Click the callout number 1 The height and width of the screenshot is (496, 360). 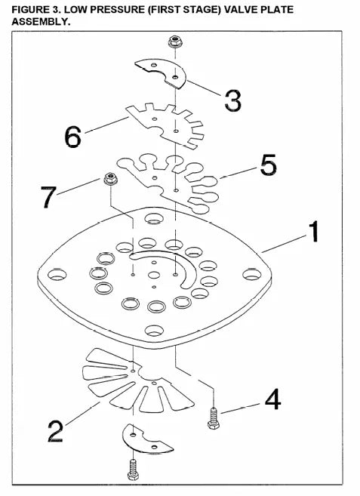pos(313,232)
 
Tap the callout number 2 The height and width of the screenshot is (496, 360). pos(56,431)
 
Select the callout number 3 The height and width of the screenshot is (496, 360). pos(232,100)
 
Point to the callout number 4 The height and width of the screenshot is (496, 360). pos(272,399)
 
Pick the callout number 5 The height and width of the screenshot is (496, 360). pos(268,165)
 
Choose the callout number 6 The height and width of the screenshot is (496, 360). pos(72,137)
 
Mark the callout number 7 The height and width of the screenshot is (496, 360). pos(49,197)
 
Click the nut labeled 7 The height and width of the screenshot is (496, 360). pos(110,179)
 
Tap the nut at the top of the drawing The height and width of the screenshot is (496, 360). pos(175,42)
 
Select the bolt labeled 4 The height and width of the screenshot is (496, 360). pos(214,418)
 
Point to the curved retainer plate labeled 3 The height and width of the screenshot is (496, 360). pos(161,73)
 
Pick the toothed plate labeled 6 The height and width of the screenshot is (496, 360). pos(165,125)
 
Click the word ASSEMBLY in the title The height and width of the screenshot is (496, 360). pos(41,22)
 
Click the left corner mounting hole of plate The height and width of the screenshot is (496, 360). pos(57,274)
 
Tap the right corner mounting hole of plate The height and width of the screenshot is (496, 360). pos(252,274)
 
